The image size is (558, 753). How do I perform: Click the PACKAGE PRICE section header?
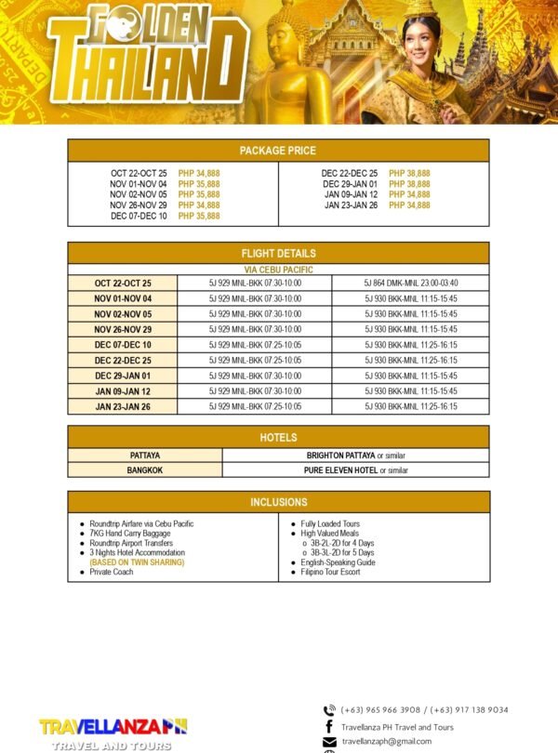pyautogui.click(x=278, y=151)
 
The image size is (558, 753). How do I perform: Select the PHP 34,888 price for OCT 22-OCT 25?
pyautogui.click(x=199, y=174)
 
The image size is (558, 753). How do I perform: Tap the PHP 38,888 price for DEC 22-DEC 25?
pyautogui.click(x=409, y=174)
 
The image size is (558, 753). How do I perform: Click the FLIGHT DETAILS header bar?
pyautogui.click(x=278, y=253)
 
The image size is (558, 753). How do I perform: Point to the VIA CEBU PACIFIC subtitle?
pyautogui.click(x=278, y=270)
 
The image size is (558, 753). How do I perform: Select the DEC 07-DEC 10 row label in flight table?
pyautogui.click(x=123, y=345)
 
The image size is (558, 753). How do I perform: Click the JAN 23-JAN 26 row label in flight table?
pyautogui.click(x=123, y=406)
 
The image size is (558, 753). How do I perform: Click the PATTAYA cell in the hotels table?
pyautogui.click(x=145, y=456)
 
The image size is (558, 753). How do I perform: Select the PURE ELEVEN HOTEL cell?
pyautogui.click(x=356, y=470)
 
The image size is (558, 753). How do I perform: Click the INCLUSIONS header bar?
pyautogui.click(x=278, y=503)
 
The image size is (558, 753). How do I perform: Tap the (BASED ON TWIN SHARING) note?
pyautogui.click(x=137, y=562)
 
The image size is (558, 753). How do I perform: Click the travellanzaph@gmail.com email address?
pyautogui.click(x=387, y=741)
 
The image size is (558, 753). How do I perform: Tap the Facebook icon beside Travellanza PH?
pyautogui.click(x=329, y=726)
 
